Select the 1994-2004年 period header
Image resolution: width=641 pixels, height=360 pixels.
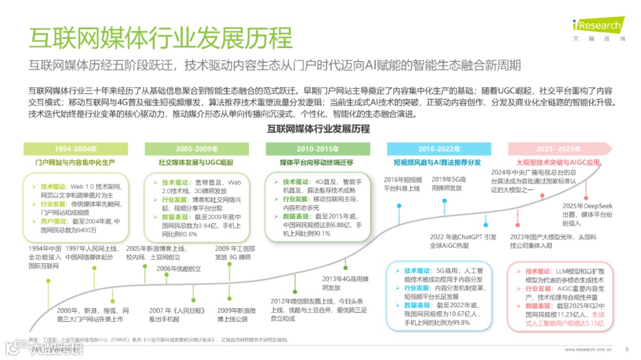coord(75,149)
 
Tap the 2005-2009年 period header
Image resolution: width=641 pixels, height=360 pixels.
coord(197,149)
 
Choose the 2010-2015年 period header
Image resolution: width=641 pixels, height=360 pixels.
coord(318,149)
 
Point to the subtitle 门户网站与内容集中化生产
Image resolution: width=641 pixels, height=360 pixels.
coord(75,161)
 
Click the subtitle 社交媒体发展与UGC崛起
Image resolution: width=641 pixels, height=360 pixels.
coord(196,161)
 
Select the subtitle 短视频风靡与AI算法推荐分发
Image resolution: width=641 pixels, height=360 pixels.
coord(437,161)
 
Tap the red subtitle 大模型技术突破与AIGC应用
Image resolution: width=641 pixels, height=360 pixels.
coord(558,161)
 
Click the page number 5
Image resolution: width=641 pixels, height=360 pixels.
coord(627,349)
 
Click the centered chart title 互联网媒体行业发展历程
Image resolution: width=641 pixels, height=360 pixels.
coord(318,129)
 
